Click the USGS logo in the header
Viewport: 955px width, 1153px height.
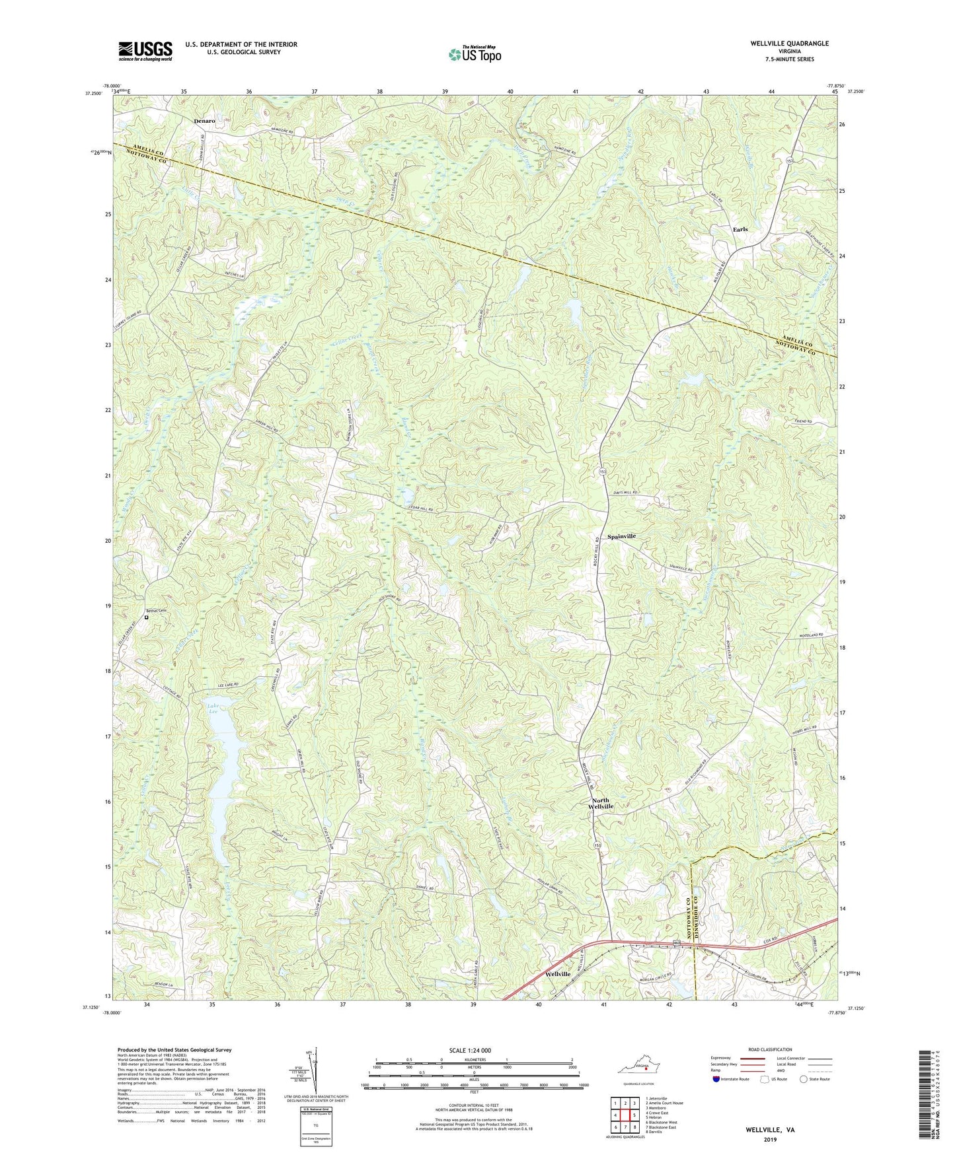tap(145, 50)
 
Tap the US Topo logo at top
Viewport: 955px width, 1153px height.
tap(474, 54)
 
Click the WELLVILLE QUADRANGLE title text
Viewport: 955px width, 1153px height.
tap(788, 44)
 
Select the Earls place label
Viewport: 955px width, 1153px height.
tap(740, 229)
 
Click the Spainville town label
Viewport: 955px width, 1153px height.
tap(621, 536)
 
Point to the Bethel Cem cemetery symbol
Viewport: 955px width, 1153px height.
tap(147, 617)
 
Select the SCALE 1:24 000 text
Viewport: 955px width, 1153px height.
tap(470, 1050)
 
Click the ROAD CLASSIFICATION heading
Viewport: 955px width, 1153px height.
tap(770, 1049)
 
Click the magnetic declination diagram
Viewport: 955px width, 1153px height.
tap(313, 1074)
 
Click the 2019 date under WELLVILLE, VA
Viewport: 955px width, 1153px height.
tap(770, 1140)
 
